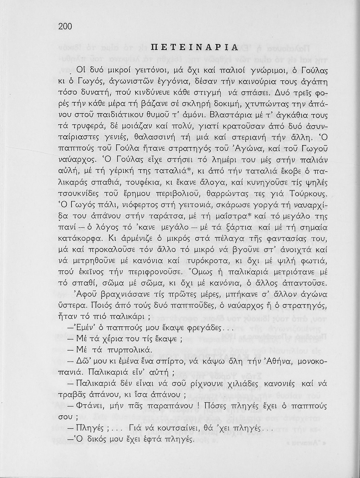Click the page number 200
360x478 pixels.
click(x=65, y=27)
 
